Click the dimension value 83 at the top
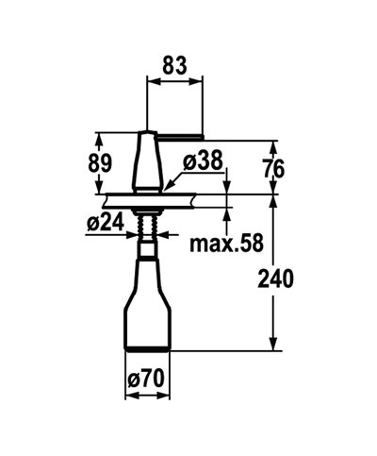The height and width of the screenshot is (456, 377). point(175,67)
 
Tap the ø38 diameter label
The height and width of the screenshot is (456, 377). point(203,161)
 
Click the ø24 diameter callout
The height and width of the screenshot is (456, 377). point(105,223)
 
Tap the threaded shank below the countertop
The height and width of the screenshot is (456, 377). point(147,228)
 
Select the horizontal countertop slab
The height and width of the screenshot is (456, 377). point(151,199)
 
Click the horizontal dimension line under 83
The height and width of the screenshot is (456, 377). point(175,81)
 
